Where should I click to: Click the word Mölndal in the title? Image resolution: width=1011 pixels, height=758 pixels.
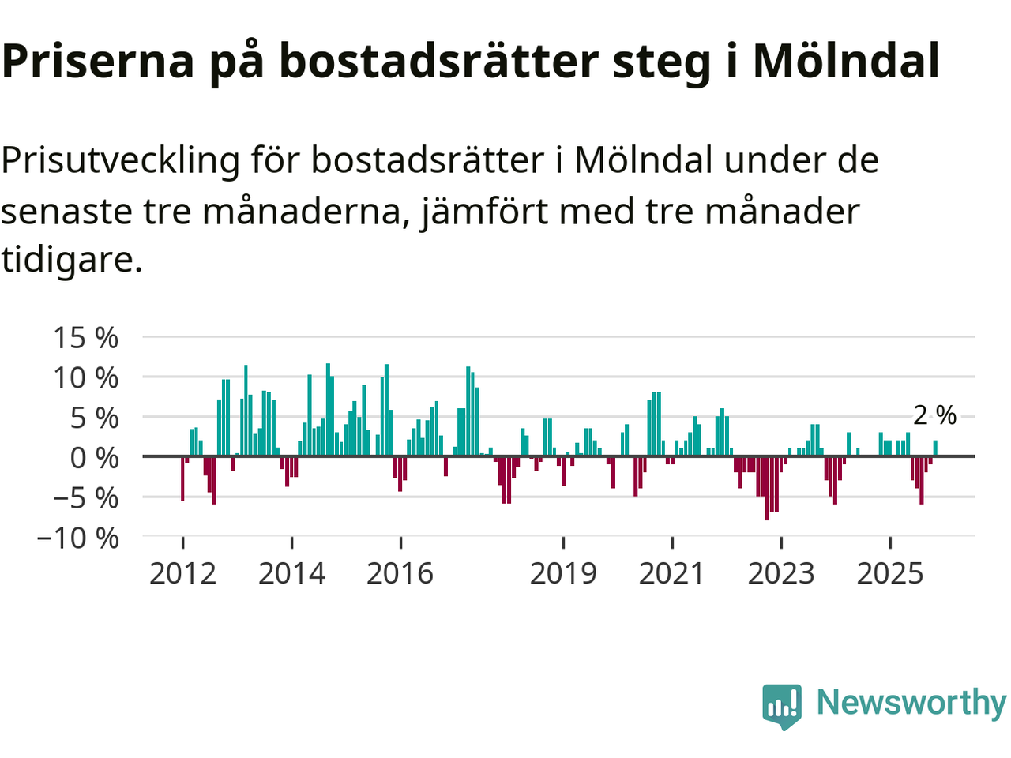tap(846, 61)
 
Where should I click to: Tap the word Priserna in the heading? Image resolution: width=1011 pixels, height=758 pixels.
tap(98, 61)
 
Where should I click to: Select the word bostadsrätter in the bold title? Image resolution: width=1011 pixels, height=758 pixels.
tap(438, 61)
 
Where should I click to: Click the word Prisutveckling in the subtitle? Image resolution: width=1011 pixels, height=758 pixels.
tap(120, 160)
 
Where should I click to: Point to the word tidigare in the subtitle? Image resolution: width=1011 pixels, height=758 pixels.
tap(71, 259)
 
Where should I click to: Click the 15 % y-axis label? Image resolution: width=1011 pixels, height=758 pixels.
tap(86, 338)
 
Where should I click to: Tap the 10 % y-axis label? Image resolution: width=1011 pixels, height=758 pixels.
tap(86, 377)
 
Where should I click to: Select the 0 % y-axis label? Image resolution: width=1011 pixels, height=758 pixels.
tap(94, 458)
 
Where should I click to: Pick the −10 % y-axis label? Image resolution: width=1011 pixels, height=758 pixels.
tap(77, 538)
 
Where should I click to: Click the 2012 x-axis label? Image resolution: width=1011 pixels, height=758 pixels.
tap(182, 573)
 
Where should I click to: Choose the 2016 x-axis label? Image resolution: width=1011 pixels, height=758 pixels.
tap(400, 573)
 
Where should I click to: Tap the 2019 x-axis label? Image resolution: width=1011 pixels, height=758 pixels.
tap(563, 573)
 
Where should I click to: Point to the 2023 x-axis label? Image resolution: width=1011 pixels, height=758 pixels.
tap(780, 573)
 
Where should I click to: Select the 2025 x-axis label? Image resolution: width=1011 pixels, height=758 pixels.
tap(889, 573)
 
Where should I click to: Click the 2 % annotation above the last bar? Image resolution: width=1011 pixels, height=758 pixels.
tap(934, 415)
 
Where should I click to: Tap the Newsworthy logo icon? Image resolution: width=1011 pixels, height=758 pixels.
tap(782, 705)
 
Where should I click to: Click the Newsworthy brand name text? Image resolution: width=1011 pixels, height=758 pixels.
tap(911, 702)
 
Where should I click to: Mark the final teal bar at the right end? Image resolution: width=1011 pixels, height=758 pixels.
tap(935, 448)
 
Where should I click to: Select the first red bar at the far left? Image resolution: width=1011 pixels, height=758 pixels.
tap(182, 478)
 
